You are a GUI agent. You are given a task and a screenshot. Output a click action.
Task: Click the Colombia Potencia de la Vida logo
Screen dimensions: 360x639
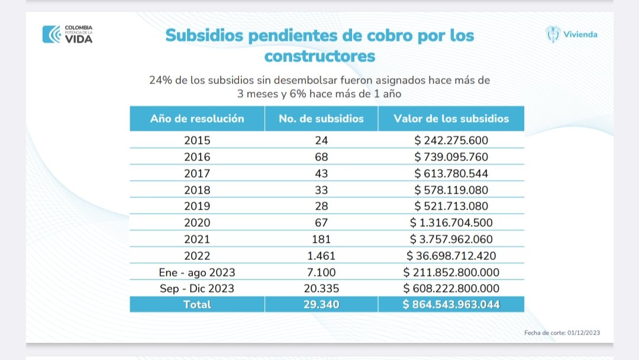click(67, 34)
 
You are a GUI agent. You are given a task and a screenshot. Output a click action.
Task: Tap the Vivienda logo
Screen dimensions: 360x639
click(571, 34)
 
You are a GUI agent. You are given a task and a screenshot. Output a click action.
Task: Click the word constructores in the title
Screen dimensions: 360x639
click(319, 56)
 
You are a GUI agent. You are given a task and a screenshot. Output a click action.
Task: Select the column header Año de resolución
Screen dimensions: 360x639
click(197, 118)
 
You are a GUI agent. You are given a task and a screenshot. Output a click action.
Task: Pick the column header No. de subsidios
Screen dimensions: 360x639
click(321, 118)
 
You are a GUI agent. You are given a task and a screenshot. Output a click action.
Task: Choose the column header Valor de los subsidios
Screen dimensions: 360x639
click(451, 118)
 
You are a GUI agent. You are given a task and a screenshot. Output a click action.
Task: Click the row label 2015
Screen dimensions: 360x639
click(197, 141)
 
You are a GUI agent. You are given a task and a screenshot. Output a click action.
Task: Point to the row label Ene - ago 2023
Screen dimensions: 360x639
click(197, 272)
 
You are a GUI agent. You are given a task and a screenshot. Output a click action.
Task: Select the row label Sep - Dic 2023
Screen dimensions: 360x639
click(197, 289)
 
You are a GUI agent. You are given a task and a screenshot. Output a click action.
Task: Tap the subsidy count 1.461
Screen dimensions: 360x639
click(321, 256)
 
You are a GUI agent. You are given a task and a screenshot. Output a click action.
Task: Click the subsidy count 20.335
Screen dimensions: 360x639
click(321, 289)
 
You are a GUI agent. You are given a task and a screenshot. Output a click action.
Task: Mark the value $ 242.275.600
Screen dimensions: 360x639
click(451, 141)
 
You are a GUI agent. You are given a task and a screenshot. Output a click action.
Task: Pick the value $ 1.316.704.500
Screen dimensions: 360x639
click(451, 223)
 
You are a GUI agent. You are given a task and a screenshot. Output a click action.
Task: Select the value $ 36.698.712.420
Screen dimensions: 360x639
click(451, 256)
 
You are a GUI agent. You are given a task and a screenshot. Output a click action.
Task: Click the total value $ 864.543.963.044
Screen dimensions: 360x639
click(451, 305)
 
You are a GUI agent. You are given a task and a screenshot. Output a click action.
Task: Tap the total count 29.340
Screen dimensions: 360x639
click(321, 305)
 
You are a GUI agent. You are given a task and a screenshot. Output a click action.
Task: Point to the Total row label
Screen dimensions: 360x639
click(197, 305)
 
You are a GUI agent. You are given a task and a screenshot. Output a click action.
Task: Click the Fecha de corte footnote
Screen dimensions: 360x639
click(561, 333)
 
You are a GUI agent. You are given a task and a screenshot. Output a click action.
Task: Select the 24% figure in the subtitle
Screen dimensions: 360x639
click(161, 80)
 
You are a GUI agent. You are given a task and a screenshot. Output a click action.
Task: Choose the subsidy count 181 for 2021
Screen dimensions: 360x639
click(321, 239)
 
